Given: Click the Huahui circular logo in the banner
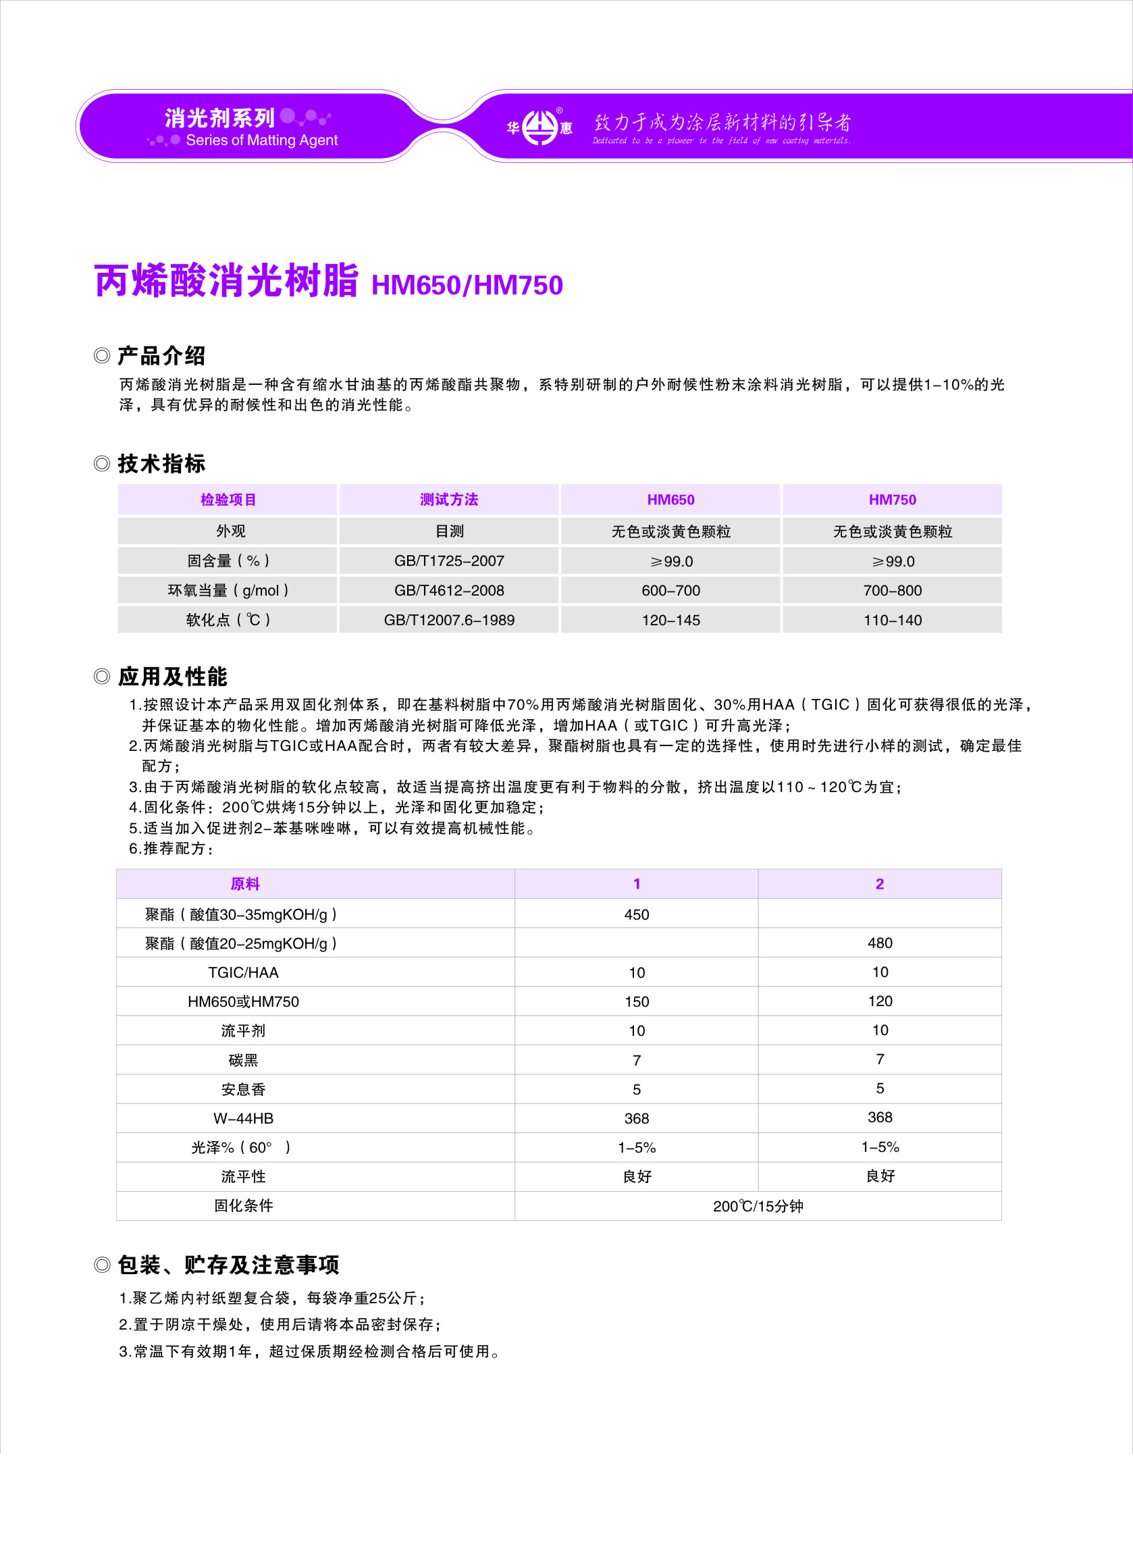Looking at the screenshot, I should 540,128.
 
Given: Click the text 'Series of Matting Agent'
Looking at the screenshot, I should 261,140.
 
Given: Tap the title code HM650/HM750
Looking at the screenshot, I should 467,285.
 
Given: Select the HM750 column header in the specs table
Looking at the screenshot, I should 891,500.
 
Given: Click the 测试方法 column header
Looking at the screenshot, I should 448,500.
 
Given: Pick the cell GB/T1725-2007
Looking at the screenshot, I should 448,561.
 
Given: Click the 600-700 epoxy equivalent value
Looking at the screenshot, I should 670,590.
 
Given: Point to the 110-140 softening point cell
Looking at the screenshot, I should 891,620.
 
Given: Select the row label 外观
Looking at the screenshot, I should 230,531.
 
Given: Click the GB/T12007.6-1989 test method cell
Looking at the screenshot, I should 448,620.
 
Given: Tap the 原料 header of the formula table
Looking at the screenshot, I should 245,884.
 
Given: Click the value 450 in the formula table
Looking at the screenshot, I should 636,914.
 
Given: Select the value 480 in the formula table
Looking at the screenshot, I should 879,943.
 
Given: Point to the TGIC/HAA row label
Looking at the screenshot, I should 244,972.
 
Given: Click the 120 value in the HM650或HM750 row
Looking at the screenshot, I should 879,1001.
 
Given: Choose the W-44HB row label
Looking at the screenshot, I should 244,1118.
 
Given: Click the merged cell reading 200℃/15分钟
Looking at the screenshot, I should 757,1206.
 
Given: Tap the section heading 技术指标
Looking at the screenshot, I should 161,463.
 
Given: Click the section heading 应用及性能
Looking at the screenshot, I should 172,677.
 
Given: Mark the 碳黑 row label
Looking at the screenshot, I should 244,1060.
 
